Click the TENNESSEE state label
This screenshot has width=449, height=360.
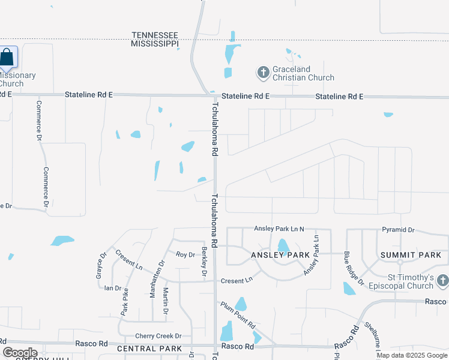[155, 35]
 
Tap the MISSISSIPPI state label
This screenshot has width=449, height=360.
[155, 44]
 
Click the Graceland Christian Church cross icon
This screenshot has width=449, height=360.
[262, 73]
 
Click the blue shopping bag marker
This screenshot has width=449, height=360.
[7, 58]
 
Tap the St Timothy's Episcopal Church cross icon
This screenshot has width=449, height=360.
[442, 280]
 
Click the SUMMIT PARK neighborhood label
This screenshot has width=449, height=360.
[411, 255]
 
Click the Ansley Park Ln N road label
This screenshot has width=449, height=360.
[279, 229]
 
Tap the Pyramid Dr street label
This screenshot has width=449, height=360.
[398, 230]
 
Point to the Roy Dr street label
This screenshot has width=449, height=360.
[185, 254]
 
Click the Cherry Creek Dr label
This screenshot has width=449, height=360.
[158, 336]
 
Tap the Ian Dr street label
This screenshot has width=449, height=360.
[113, 288]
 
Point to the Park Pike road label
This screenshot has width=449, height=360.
[125, 302]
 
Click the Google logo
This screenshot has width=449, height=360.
[20, 353]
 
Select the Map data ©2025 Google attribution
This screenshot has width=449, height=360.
[411, 355]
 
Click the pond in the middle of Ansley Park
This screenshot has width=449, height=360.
[283, 246]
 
